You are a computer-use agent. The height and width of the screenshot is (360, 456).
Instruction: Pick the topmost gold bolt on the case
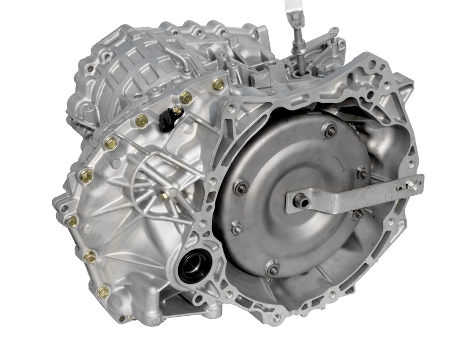pos(218,83)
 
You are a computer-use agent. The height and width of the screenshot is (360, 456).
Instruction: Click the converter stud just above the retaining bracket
pos(362,173)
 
